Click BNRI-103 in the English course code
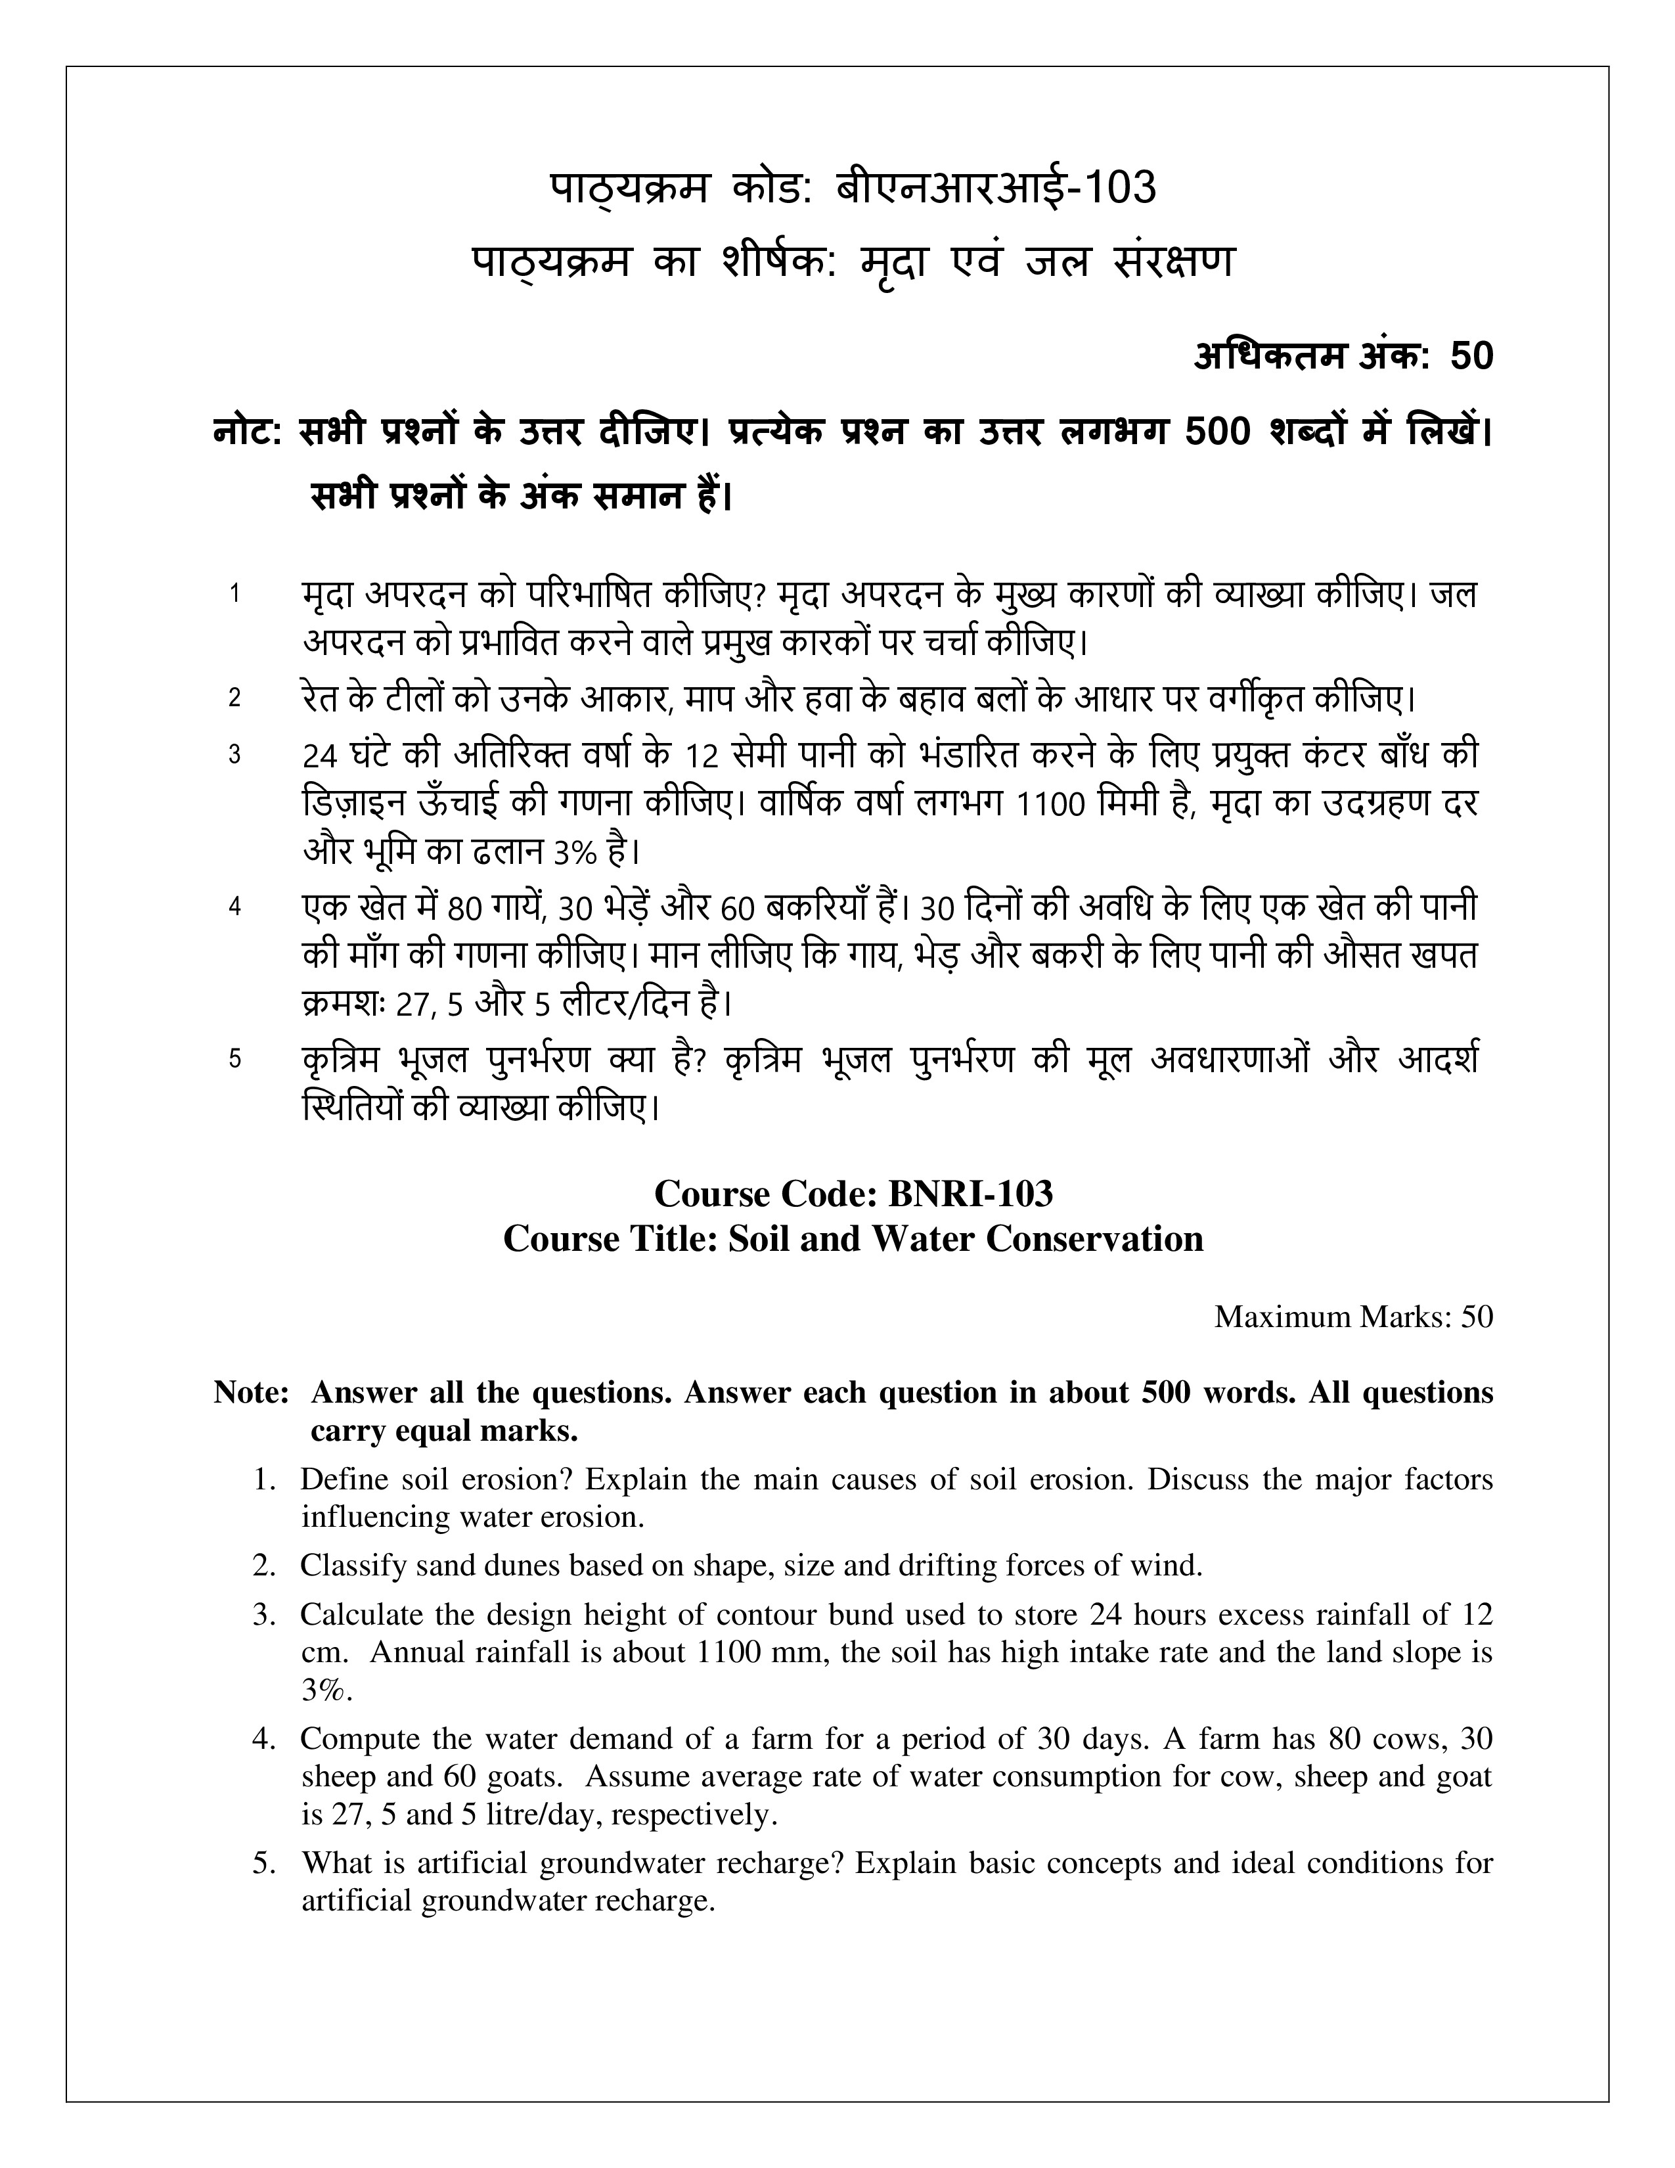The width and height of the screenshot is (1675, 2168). [970, 1193]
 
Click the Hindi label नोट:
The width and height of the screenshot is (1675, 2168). [249, 433]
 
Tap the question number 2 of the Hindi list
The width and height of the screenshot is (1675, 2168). [235, 698]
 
